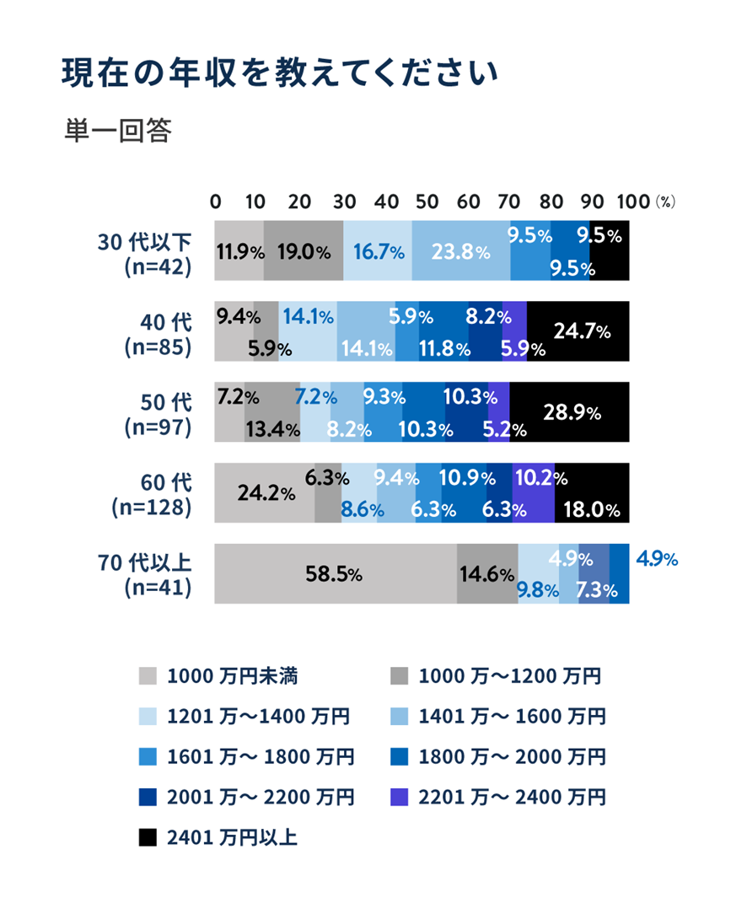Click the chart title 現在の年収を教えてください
[x=280, y=74]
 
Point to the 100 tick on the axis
[x=633, y=202]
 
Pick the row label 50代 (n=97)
[x=157, y=413]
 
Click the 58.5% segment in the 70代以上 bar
[x=335, y=574]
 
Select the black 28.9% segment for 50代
[x=570, y=412]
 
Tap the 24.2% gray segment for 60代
[x=265, y=493]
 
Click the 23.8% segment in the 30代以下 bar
[x=461, y=251]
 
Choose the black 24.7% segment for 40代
[x=578, y=331]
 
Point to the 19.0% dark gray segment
[x=304, y=251]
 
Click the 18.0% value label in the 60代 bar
[x=594, y=509]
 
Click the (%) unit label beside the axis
[x=666, y=203]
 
